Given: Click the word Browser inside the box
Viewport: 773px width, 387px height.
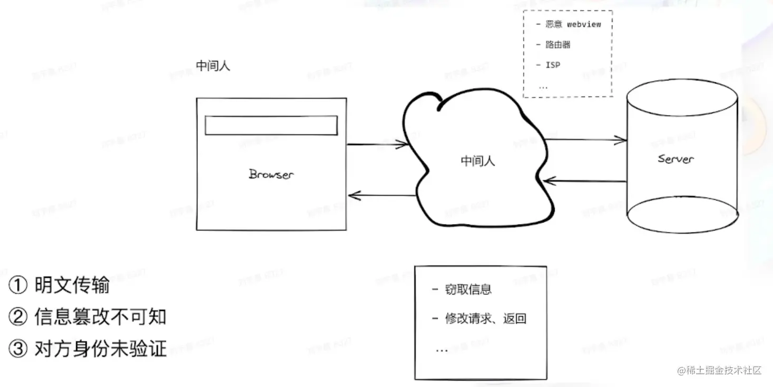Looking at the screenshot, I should click(x=271, y=174).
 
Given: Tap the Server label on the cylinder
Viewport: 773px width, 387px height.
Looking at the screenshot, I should click(x=676, y=158).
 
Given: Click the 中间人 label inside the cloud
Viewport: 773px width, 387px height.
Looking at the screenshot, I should click(x=478, y=161).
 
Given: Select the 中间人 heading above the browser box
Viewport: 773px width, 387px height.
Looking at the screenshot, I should click(x=213, y=66).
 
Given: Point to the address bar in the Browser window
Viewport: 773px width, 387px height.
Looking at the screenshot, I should click(x=271, y=125).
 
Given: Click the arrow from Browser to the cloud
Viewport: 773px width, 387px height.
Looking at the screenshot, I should click(x=378, y=144).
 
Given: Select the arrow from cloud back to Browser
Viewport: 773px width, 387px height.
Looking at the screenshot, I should click(x=381, y=196).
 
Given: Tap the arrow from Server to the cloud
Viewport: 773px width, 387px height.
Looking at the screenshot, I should click(x=585, y=182).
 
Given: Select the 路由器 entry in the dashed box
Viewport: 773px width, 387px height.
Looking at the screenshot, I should click(x=558, y=45).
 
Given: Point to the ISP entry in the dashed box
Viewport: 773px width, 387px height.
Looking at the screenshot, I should click(x=553, y=65).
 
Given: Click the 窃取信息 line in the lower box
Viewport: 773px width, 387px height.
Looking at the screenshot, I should click(x=468, y=289).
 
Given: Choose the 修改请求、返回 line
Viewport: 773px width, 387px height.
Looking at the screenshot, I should click(x=485, y=319).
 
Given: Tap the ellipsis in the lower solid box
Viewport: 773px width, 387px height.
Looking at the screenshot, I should click(x=441, y=350).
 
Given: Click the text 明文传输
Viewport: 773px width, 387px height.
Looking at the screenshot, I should click(x=72, y=285).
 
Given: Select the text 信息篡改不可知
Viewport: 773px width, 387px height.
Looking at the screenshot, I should click(x=100, y=317).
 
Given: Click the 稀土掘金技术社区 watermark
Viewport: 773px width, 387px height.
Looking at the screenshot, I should click(x=720, y=370).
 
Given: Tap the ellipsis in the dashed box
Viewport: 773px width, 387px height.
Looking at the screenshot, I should click(x=543, y=86).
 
